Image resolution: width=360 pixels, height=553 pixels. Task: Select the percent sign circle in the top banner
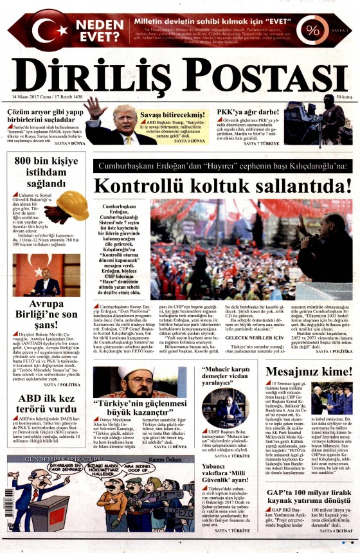coord(313,30)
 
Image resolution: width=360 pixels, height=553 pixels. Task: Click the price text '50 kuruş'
coord(343,96)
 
